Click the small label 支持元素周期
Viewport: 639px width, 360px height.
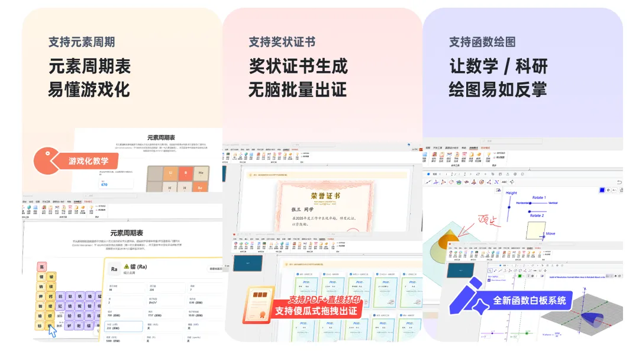tap(82, 42)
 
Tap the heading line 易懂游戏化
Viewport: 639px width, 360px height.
tap(89, 89)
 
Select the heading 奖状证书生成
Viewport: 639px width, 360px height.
tap(298, 66)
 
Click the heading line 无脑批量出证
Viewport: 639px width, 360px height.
tap(298, 89)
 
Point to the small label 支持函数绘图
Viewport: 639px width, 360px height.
tap(482, 42)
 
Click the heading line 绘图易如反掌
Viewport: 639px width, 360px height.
tap(498, 89)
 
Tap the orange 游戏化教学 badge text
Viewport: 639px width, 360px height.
tap(92, 160)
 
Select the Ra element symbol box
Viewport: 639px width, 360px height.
tap(114, 269)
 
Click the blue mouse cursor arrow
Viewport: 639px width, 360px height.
tap(53, 332)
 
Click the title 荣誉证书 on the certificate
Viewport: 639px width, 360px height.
tap(325, 196)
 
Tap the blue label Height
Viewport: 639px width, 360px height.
tap(511, 193)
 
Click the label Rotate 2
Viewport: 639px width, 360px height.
tap(537, 216)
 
